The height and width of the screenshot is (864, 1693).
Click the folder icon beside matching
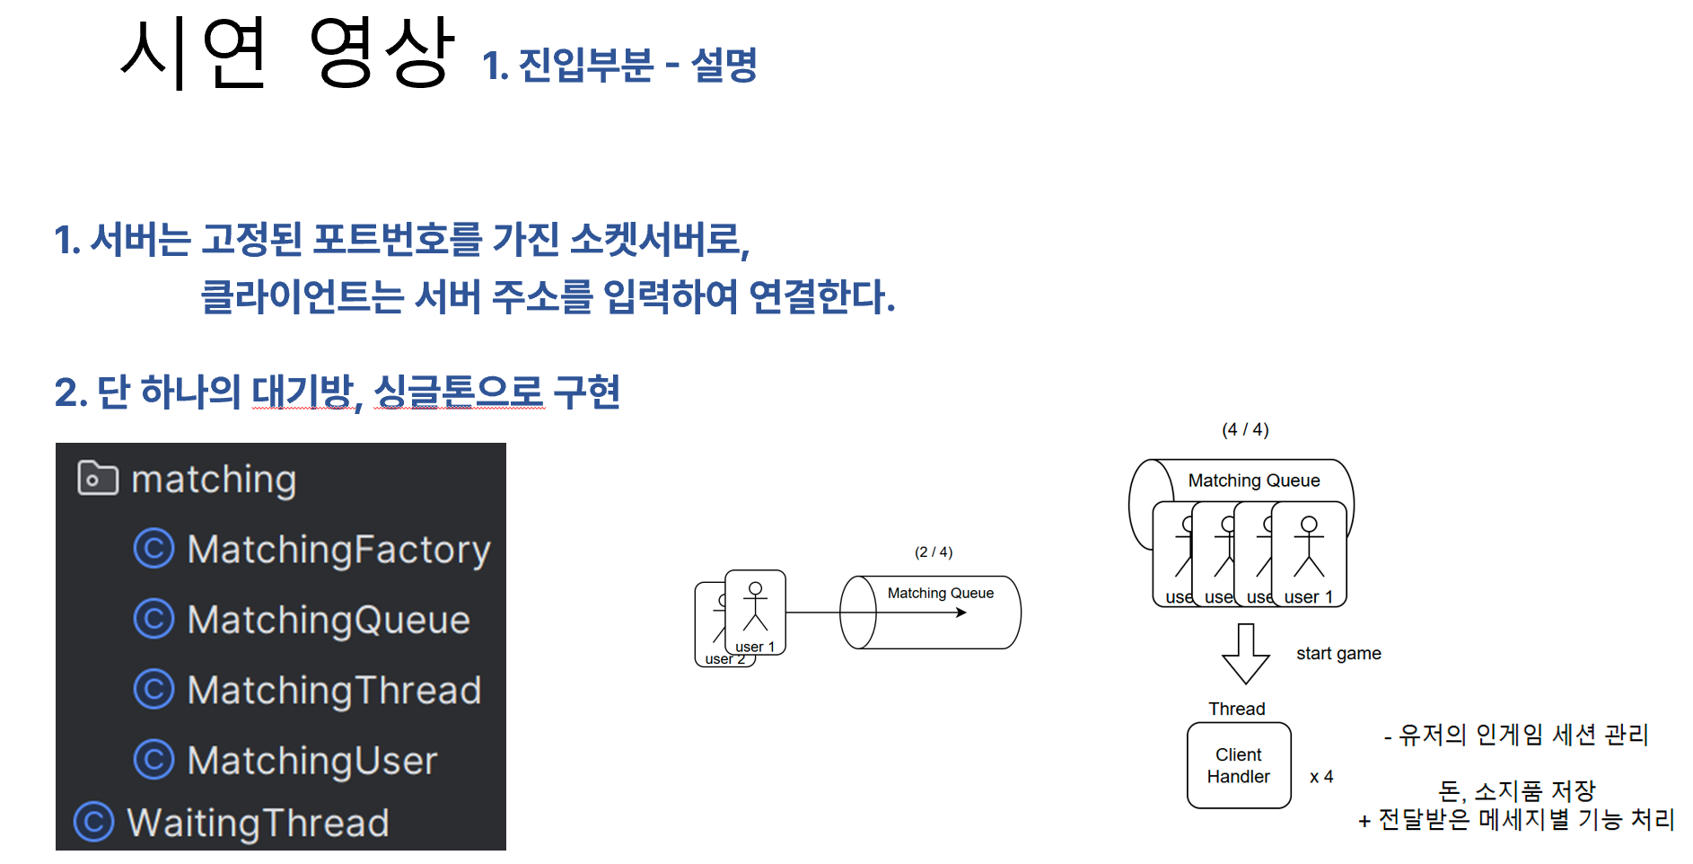pyautogui.click(x=98, y=478)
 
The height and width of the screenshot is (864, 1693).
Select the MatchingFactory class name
pyautogui.click(x=338, y=550)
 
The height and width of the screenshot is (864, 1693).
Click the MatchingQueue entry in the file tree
pyautogui.click(x=329, y=620)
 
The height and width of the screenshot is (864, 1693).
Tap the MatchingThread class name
pyautogui.click(x=334, y=690)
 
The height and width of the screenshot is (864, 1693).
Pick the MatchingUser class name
pyautogui.click(x=312, y=761)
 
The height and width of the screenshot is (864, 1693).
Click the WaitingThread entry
pyautogui.click(x=258, y=823)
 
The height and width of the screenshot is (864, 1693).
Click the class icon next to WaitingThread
pyautogui.click(x=94, y=822)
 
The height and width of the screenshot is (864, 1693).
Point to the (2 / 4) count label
pyautogui.click(x=934, y=551)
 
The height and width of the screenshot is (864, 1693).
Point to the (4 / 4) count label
pyautogui.click(x=1245, y=429)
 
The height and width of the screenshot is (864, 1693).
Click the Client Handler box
pyautogui.click(x=1239, y=765)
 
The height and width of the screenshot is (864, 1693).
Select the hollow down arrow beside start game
pyautogui.click(x=1246, y=654)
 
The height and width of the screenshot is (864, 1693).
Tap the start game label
pyautogui.click(x=1338, y=654)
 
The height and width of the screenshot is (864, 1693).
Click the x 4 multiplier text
pyautogui.click(x=1321, y=777)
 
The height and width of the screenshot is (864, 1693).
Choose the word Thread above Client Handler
pyautogui.click(x=1236, y=709)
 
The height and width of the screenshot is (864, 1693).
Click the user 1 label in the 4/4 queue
pyautogui.click(x=1309, y=597)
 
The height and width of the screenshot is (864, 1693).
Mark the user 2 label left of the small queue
pyautogui.click(x=724, y=659)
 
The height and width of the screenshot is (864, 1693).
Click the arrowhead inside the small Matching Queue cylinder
pyautogui.click(x=961, y=613)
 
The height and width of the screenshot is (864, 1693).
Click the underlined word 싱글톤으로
pyautogui.click(x=459, y=392)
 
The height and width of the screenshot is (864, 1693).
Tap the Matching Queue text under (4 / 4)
pyautogui.click(x=1254, y=480)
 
